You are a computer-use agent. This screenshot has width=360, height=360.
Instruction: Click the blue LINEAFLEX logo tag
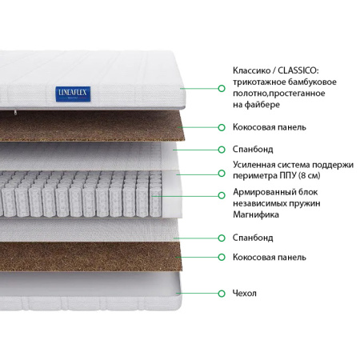73,94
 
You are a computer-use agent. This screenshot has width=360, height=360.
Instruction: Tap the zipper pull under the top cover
15,112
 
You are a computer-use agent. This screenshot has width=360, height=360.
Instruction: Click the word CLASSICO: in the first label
298,70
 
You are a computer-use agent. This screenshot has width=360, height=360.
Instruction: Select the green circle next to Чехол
222,294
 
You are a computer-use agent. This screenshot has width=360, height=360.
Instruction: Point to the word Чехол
245,293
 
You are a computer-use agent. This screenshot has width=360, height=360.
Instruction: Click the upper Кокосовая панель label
270,127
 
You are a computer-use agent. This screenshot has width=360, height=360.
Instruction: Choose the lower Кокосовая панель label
270,257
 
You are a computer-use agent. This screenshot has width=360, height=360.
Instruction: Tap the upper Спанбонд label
253,149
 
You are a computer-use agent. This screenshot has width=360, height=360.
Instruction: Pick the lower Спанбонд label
253,238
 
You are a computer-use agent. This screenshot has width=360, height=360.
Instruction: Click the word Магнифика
256,214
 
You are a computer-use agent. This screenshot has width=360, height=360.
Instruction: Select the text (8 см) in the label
310,176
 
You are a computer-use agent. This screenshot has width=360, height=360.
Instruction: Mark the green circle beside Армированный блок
222,195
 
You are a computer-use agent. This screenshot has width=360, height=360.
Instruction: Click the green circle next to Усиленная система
222,174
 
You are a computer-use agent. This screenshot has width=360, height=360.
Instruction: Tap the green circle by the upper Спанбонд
222,150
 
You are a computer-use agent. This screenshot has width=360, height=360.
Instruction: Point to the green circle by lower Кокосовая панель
222,257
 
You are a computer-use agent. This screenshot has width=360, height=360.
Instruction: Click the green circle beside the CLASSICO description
222,88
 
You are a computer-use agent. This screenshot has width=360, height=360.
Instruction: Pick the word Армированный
262,192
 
